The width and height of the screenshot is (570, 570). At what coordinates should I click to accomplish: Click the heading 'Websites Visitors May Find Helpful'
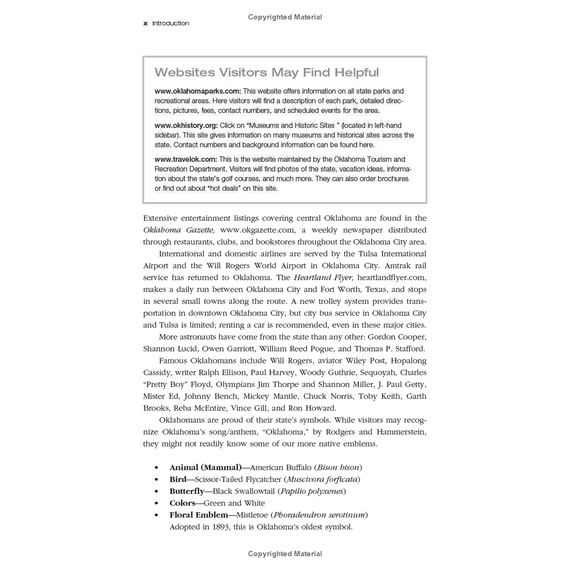266,73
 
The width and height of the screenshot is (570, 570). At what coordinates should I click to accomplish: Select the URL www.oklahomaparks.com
198,91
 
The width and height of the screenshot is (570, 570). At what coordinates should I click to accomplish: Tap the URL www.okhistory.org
186,125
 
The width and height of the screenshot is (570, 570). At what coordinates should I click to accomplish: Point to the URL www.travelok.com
185,160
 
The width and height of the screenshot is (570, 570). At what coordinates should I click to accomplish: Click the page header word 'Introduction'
171,23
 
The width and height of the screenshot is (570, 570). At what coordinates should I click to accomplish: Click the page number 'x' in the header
145,23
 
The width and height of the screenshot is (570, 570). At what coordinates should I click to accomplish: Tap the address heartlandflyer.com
391,278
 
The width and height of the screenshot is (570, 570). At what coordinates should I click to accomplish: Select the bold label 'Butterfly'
187,492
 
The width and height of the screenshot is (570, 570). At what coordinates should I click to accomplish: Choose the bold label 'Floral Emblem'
199,515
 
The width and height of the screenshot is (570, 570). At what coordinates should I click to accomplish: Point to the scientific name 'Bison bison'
338,468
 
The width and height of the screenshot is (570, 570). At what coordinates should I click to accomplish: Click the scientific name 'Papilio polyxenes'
312,492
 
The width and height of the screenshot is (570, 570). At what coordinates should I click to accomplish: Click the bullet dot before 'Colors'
156,503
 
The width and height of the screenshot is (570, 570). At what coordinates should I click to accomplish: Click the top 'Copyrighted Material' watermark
285,17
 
